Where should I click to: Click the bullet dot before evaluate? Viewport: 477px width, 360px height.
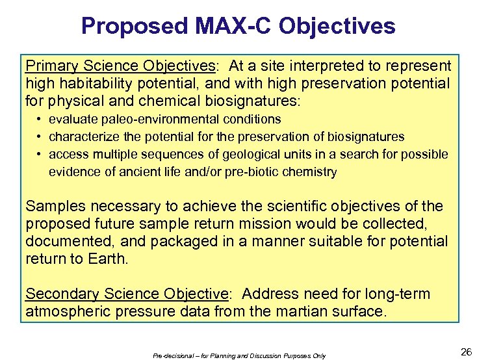pos(40,119)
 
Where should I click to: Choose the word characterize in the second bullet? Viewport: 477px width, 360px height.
pos(81,136)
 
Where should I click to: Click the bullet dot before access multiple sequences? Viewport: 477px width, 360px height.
pos(40,154)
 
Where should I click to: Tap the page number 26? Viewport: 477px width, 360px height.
pos(465,352)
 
